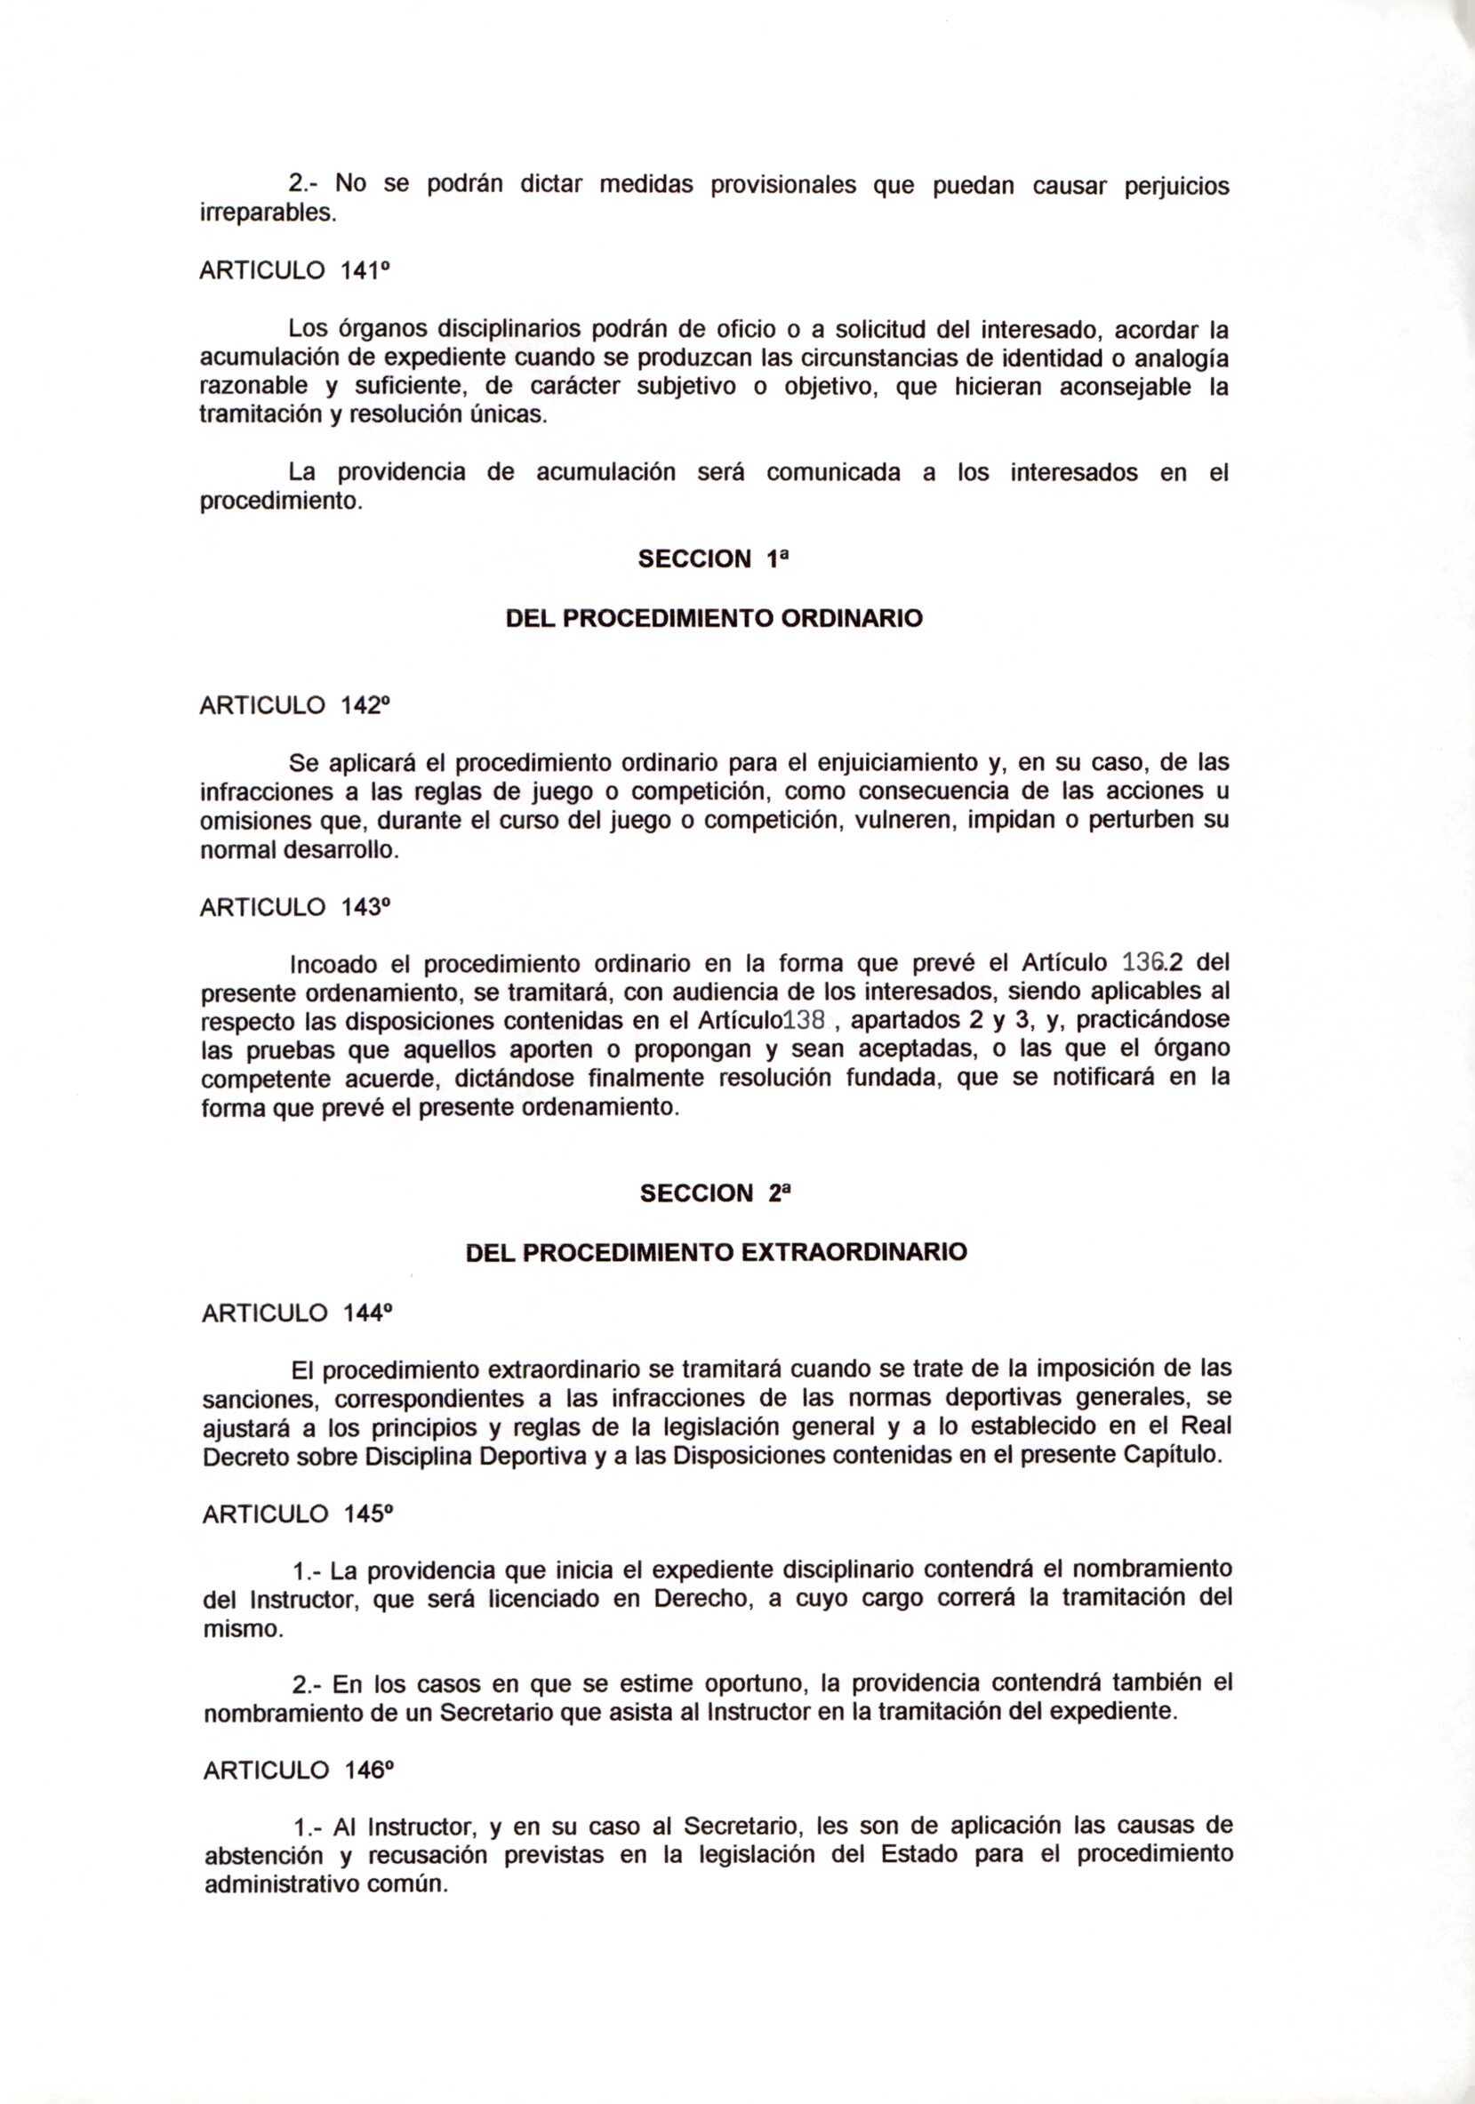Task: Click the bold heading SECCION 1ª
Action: (x=714, y=560)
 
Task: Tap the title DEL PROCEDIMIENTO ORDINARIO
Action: (x=714, y=619)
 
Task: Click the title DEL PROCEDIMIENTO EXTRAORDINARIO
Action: (x=717, y=1252)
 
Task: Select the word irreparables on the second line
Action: (x=262, y=213)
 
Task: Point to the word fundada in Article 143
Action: (x=893, y=1079)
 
